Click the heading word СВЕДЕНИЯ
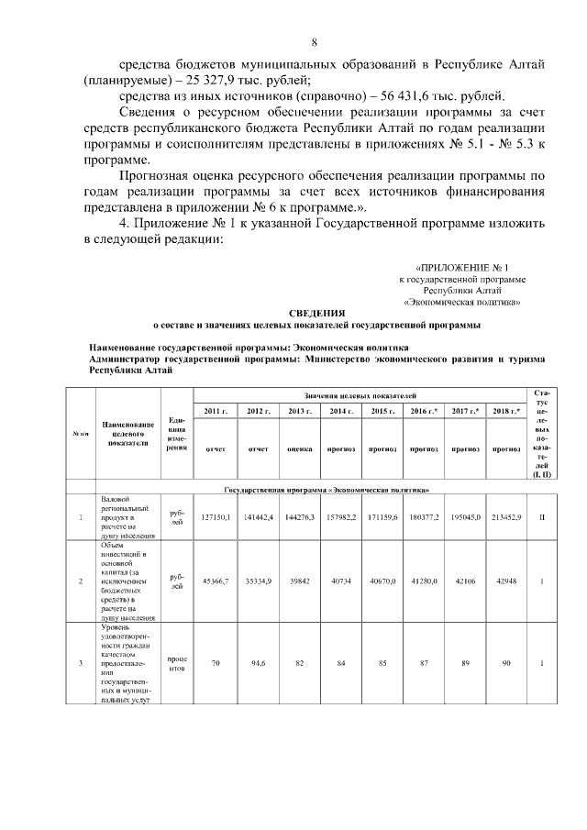coord(316,313)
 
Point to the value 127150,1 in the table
coord(216,517)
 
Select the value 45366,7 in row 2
coord(216,580)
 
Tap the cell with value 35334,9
coord(258,580)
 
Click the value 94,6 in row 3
coord(258,662)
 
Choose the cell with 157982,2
coord(341,517)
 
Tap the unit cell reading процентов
coord(177,662)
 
